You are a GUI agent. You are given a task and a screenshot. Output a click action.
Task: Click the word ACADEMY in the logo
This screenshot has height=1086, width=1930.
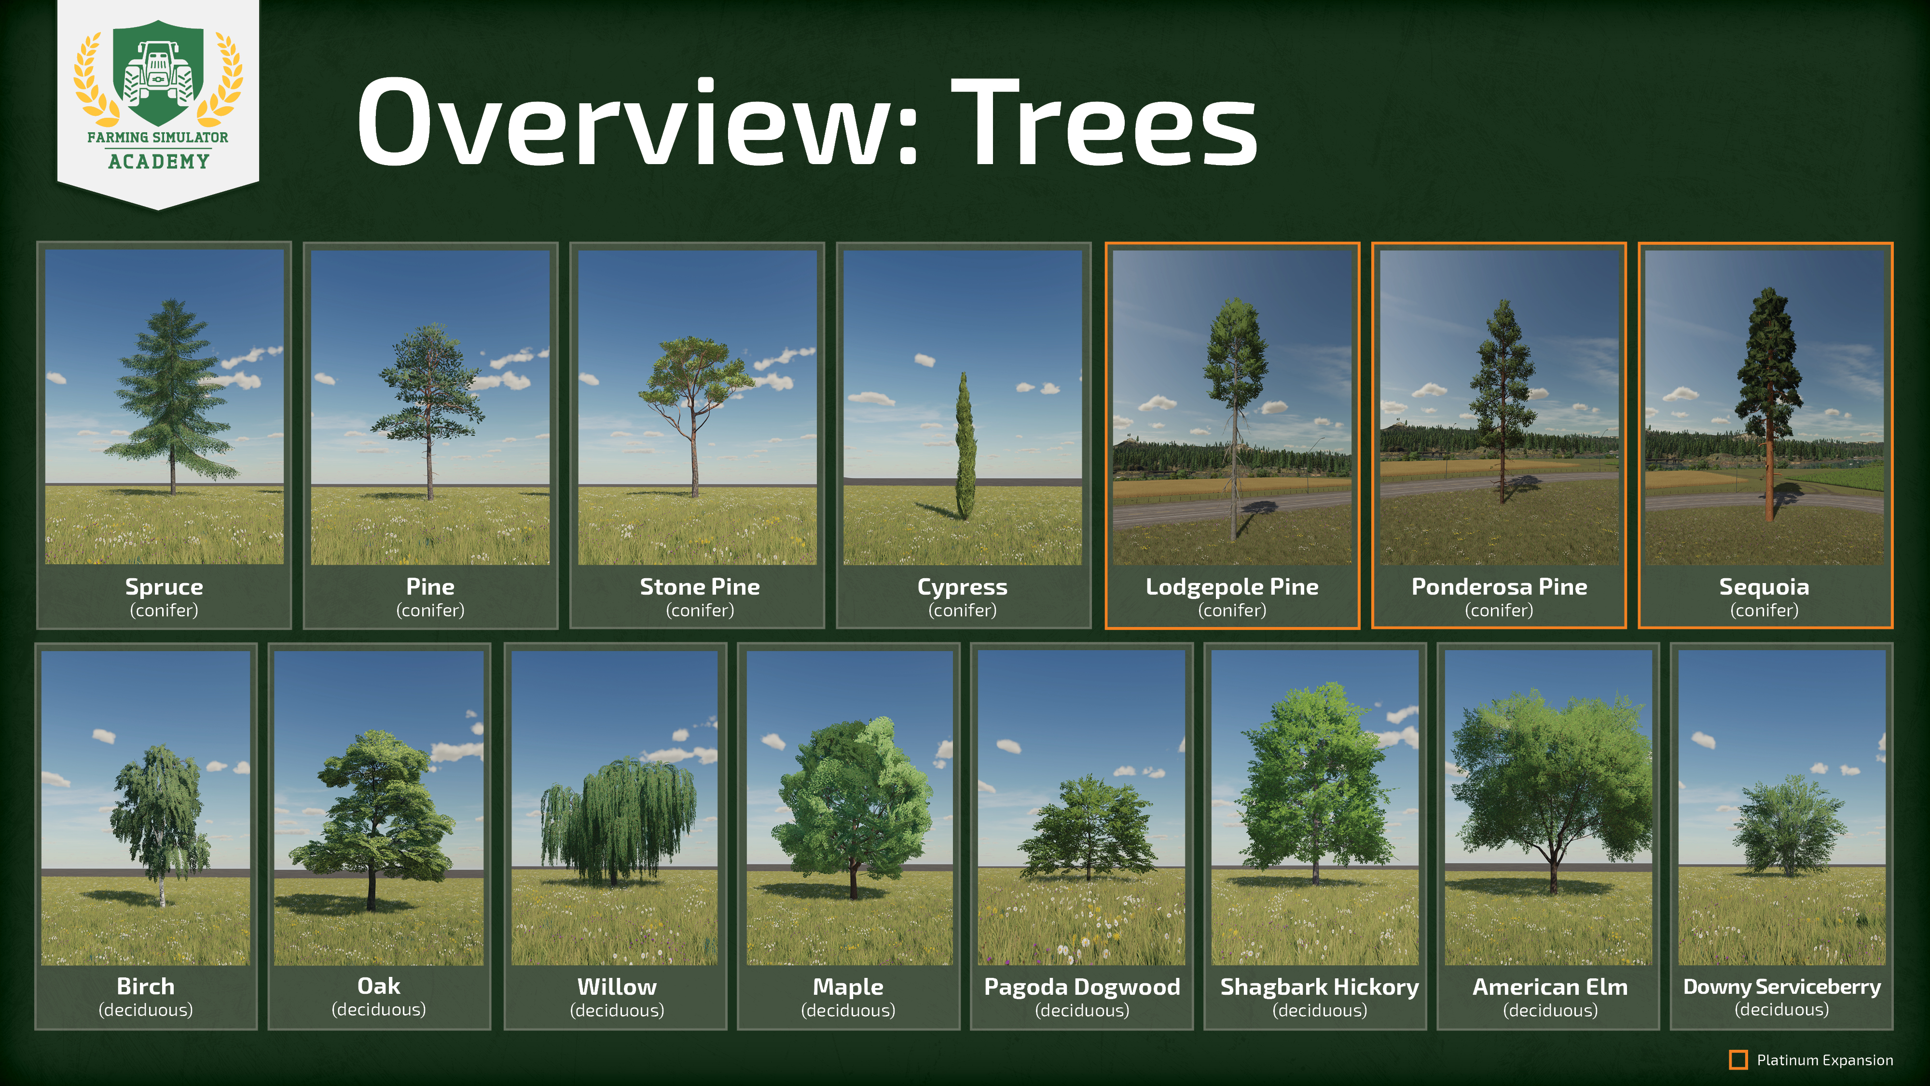click(158, 161)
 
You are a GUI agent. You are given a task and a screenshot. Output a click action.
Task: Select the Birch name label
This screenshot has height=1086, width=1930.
click(145, 986)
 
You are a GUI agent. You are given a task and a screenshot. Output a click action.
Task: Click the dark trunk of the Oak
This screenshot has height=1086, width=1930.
click(371, 888)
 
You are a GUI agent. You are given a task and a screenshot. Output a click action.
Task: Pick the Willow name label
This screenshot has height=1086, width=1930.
click(617, 986)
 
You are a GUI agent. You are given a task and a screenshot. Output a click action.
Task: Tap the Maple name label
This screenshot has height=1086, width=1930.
click(848, 986)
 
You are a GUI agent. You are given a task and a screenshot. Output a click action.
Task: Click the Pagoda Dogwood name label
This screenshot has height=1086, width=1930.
click(1082, 986)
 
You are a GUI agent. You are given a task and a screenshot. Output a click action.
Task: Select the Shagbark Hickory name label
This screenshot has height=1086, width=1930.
click(1319, 986)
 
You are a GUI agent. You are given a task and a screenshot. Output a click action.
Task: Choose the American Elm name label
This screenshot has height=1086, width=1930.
click(1550, 986)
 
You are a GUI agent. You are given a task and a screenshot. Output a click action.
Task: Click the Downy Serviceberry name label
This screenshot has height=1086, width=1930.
click(1782, 986)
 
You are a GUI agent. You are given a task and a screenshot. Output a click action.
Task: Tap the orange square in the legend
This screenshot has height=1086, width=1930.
click(1737, 1060)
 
